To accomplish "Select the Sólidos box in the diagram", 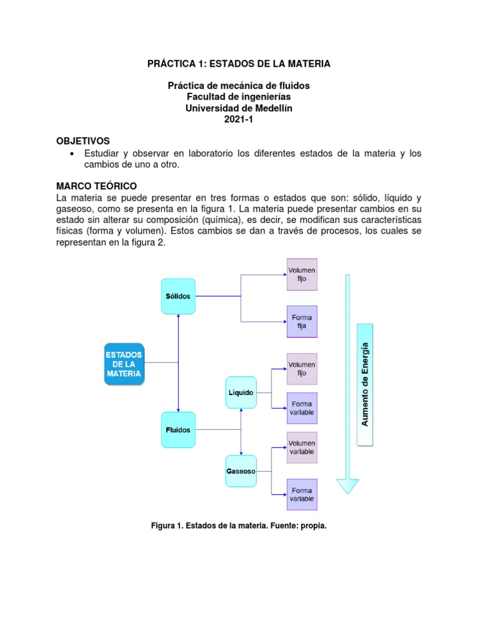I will [x=178, y=296].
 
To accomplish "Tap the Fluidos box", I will [x=178, y=429].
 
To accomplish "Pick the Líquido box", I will [x=240, y=393].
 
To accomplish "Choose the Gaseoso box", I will [x=240, y=472].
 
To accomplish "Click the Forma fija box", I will [x=302, y=321].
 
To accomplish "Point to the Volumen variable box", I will [x=302, y=447].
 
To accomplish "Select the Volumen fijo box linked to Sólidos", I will [x=302, y=274].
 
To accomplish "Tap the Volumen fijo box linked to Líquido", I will [x=302, y=368].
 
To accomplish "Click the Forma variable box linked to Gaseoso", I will [x=302, y=495].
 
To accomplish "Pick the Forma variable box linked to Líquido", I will [x=302, y=408].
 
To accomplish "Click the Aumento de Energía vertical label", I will [x=365, y=384].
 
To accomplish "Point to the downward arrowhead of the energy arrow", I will [x=347, y=485].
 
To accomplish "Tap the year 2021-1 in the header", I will [x=239, y=119].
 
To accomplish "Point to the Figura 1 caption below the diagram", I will [x=239, y=526].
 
